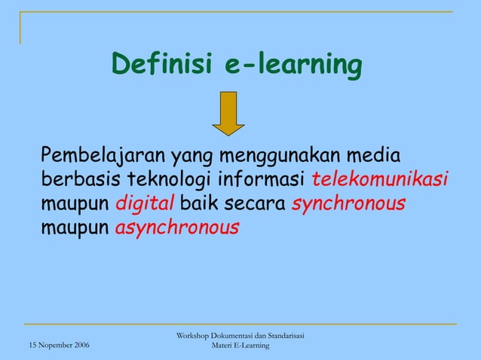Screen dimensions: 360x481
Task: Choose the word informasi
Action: click(262, 181)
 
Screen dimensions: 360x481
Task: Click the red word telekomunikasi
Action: click(380, 181)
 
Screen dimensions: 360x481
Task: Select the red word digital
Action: click(145, 203)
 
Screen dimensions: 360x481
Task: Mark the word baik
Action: click(198, 203)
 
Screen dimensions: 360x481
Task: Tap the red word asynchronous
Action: click(177, 227)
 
